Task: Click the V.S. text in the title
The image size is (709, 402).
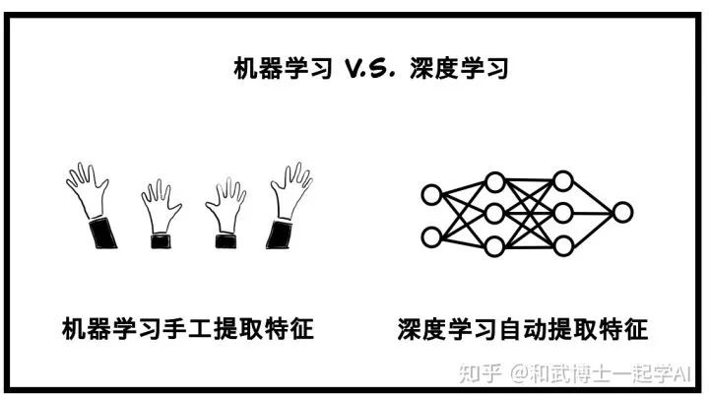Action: [x=352, y=69]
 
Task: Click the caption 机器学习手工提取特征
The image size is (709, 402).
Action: [x=186, y=328]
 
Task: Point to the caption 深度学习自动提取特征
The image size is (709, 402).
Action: [x=523, y=328]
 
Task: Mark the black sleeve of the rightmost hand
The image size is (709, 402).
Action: [x=279, y=234]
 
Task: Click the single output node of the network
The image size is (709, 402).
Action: [x=622, y=211]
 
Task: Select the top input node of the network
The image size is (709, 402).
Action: [x=431, y=195]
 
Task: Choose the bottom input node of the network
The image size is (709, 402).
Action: [x=431, y=236]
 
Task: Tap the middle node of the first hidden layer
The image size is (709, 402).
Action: [x=495, y=211]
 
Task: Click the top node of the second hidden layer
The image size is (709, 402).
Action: [x=562, y=179]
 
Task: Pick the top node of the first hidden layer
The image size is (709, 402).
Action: [x=495, y=179]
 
